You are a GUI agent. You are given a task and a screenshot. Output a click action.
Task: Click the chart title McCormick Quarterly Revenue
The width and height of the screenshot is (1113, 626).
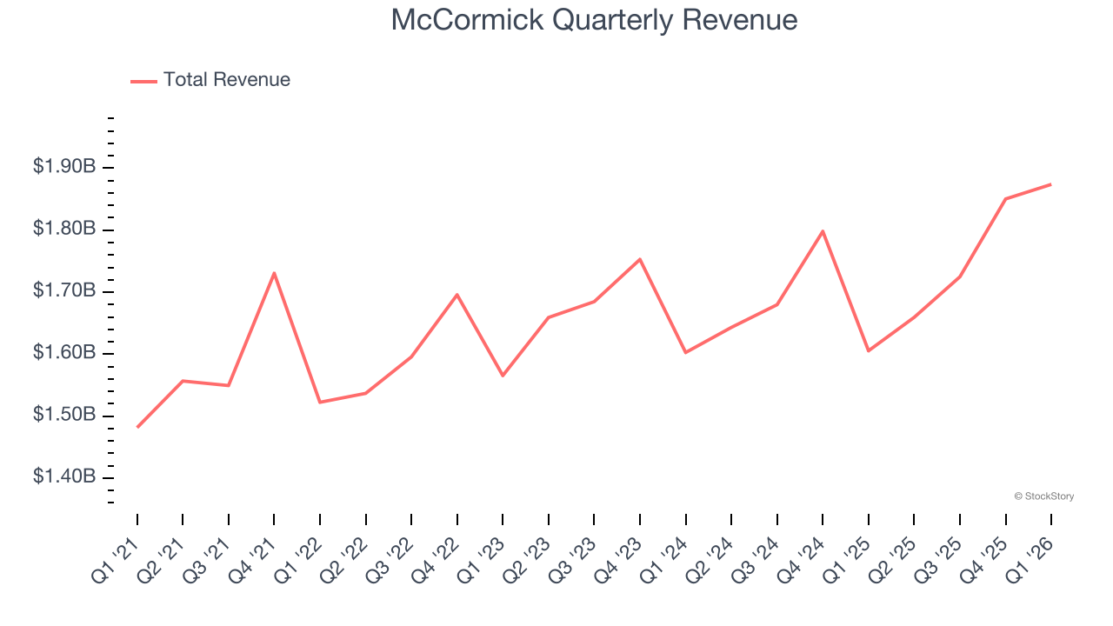(x=594, y=19)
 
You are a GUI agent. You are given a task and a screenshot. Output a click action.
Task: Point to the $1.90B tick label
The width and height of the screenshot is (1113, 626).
(x=64, y=166)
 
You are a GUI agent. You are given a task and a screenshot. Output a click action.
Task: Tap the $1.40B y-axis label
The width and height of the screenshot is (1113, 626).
(x=64, y=476)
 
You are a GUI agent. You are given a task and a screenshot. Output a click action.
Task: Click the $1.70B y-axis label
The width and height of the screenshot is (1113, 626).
(x=64, y=290)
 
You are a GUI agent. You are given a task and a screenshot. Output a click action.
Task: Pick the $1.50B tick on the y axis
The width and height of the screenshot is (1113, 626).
(x=64, y=415)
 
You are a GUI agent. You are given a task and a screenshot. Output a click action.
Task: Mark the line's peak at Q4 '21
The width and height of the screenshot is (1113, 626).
(x=274, y=273)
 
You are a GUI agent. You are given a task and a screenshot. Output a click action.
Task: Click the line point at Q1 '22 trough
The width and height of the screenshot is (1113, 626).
(x=320, y=402)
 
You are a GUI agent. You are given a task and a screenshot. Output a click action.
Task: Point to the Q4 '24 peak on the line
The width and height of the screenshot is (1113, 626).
(x=823, y=231)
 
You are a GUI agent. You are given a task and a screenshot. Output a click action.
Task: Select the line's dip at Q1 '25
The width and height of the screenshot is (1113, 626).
(x=868, y=350)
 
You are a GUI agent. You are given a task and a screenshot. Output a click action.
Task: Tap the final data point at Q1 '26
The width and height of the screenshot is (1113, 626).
(x=1050, y=184)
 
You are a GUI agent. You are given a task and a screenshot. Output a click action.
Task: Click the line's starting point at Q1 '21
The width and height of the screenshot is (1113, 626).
(x=137, y=427)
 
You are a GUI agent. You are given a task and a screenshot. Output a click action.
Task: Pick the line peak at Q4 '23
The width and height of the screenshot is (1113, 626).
(x=640, y=259)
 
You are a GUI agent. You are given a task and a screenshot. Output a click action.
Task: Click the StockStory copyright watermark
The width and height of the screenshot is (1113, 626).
(x=1043, y=496)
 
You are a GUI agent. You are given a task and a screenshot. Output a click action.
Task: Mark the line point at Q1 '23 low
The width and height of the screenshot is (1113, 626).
(x=503, y=376)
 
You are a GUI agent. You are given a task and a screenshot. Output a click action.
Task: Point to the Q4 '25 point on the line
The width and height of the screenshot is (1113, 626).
(x=1005, y=199)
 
